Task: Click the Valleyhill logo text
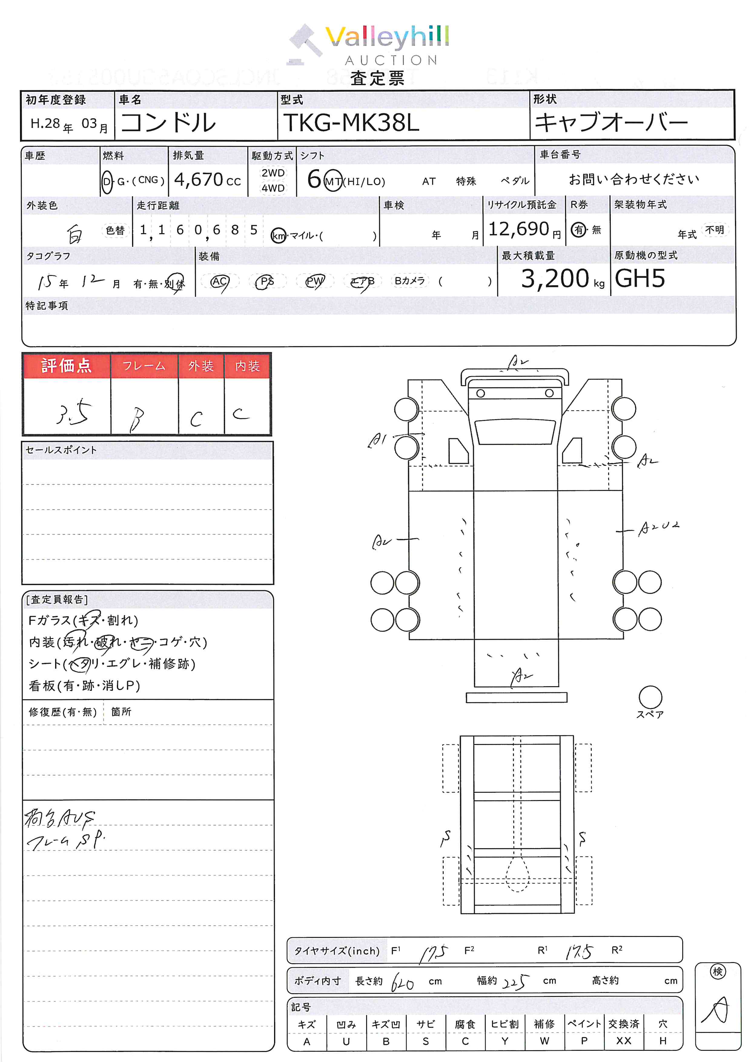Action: point(387,37)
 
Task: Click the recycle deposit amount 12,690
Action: point(518,229)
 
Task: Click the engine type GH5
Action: point(640,279)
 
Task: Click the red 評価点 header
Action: point(66,366)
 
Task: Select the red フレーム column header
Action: point(144,366)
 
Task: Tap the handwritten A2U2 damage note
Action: point(659,528)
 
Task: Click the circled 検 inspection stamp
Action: point(717,972)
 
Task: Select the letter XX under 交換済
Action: point(624,1041)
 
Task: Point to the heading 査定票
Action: point(377,78)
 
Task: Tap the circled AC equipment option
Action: point(219,281)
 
